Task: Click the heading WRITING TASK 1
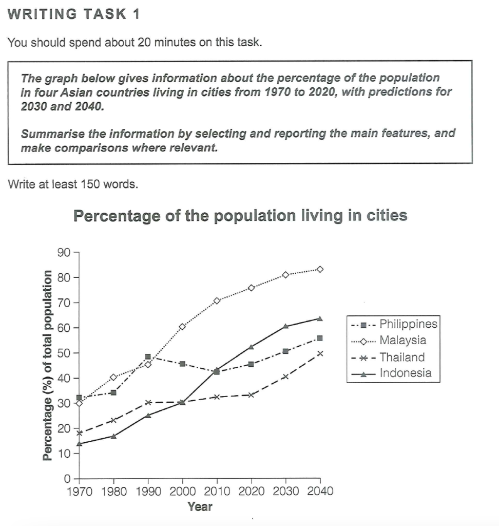(74, 14)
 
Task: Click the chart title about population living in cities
(240, 216)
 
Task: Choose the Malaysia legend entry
(402, 340)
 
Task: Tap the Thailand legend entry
(402, 357)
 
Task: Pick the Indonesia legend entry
(405, 373)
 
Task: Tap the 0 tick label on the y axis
(67, 479)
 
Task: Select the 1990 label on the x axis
(148, 491)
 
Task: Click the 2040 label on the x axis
(320, 491)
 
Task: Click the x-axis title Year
(200, 507)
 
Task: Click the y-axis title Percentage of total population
(48, 365)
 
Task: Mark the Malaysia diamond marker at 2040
(320, 269)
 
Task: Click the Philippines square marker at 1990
(148, 356)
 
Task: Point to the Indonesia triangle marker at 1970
(79, 443)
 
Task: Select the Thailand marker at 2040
(320, 353)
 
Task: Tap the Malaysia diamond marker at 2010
(217, 300)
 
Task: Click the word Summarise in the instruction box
(48, 134)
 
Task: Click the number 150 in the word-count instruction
(90, 184)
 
